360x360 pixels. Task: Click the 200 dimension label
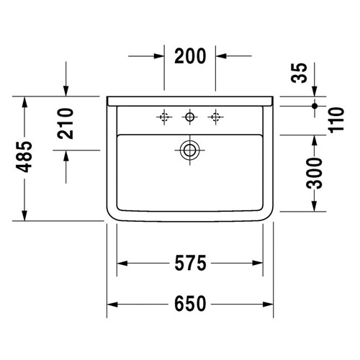(191, 55)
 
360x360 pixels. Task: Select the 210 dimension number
(66, 123)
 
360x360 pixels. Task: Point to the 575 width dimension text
(191, 264)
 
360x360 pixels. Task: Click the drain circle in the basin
(191, 150)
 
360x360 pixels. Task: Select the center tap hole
(191, 115)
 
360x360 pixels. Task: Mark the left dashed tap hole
(165, 115)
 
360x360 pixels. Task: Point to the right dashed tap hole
(215, 115)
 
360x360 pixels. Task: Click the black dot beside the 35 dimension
(314, 105)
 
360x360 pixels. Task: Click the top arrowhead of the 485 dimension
(25, 102)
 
